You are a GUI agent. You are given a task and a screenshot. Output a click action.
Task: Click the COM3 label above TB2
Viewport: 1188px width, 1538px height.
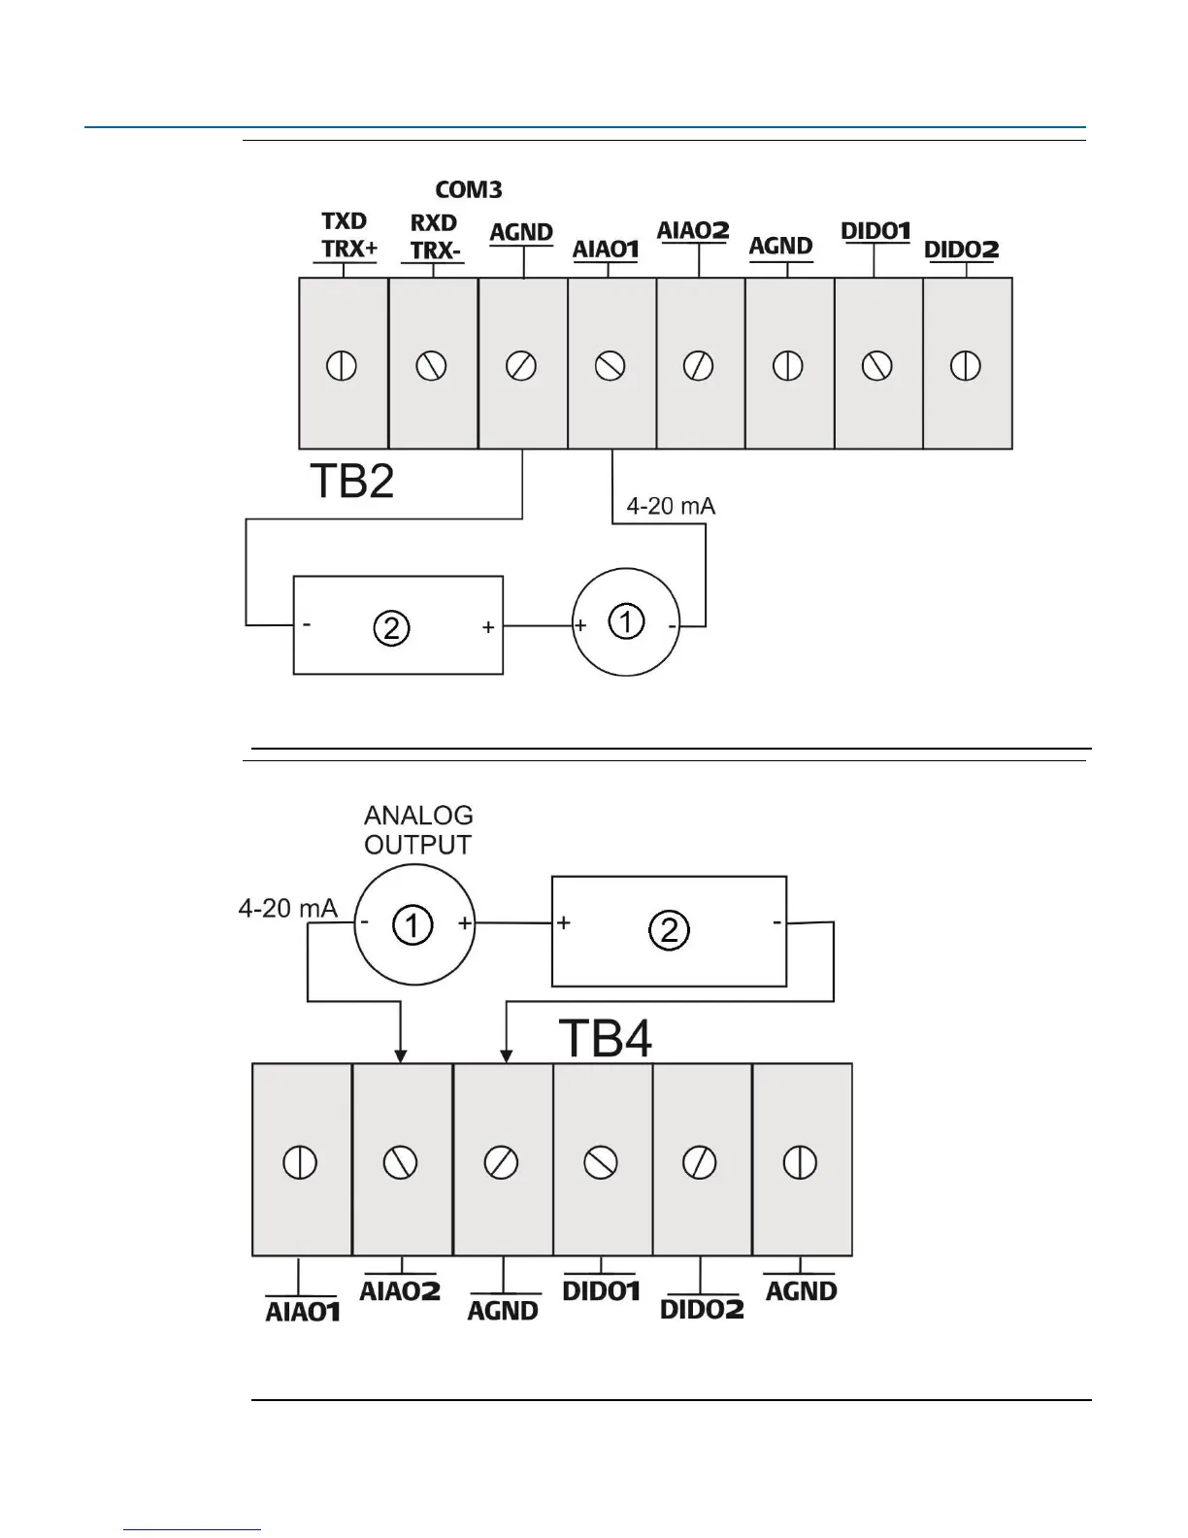[468, 188]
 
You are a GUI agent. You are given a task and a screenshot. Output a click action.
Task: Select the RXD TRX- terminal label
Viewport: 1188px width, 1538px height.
[435, 236]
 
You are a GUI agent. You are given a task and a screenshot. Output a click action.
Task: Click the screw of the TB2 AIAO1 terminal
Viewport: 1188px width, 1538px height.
[610, 366]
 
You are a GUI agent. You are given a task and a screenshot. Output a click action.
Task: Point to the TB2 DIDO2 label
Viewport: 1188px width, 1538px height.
[961, 250]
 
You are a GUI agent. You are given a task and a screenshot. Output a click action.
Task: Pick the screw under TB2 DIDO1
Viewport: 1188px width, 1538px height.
[876, 366]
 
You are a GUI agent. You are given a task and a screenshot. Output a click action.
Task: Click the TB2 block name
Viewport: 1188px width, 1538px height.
[351, 481]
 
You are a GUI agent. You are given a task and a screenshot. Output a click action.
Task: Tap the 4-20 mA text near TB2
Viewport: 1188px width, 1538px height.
[671, 507]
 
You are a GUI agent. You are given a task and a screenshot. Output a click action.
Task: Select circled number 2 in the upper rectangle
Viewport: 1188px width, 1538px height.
[391, 629]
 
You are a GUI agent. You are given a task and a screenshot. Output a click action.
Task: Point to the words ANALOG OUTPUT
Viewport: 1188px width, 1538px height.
[418, 830]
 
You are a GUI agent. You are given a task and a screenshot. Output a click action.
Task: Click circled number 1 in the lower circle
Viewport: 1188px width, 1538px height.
[412, 927]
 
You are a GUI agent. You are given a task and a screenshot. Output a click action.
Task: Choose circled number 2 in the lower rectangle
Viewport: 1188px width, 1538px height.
[669, 931]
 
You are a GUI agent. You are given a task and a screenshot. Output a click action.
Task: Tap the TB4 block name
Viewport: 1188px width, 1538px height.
[606, 1038]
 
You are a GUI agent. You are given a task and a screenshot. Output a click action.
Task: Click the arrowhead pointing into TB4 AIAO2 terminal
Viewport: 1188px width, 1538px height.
[401, 1055]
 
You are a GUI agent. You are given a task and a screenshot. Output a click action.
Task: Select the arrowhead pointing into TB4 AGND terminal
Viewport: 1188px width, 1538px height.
[505, 1055]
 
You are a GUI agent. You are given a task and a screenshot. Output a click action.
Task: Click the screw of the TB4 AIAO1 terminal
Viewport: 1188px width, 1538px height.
[301, 1162]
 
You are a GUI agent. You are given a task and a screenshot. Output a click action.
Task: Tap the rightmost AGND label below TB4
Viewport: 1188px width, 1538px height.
[801, 1291]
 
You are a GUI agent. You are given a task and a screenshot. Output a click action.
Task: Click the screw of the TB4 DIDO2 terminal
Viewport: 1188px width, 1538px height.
[701, 1162]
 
